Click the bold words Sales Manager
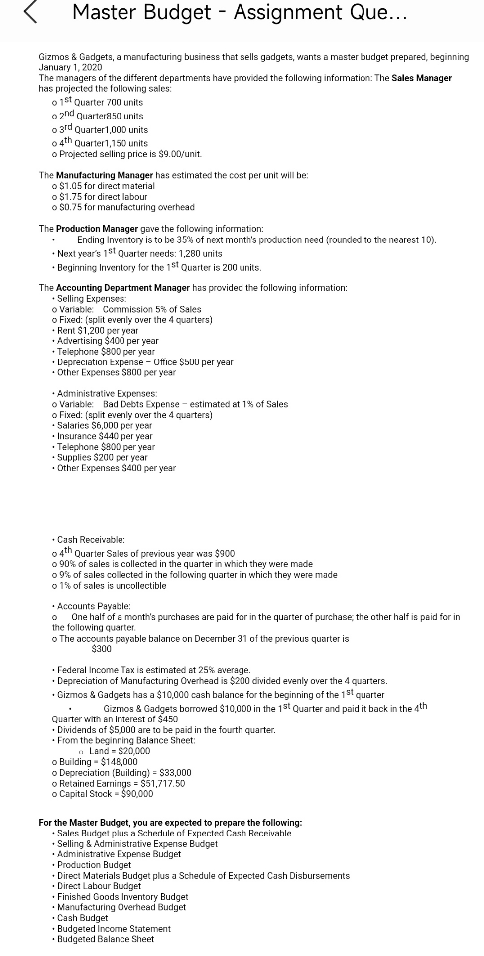click(421, 78)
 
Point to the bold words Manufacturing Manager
click(104, 175)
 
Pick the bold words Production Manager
click(97, 229)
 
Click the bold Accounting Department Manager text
click(122, 288)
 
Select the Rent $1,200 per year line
click(98, 331)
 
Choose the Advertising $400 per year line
click(108, 341)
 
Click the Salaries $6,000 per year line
click(105, 426)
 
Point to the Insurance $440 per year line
click(105, 436)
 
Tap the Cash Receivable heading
click(91, 540)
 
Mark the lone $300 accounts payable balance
click(102, 649)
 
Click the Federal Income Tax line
click(153, 670)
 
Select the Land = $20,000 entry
click(120, 751)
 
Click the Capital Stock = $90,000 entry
click(106, 794)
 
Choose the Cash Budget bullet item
click(82, 918)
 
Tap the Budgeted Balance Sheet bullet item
click(106, 939)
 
